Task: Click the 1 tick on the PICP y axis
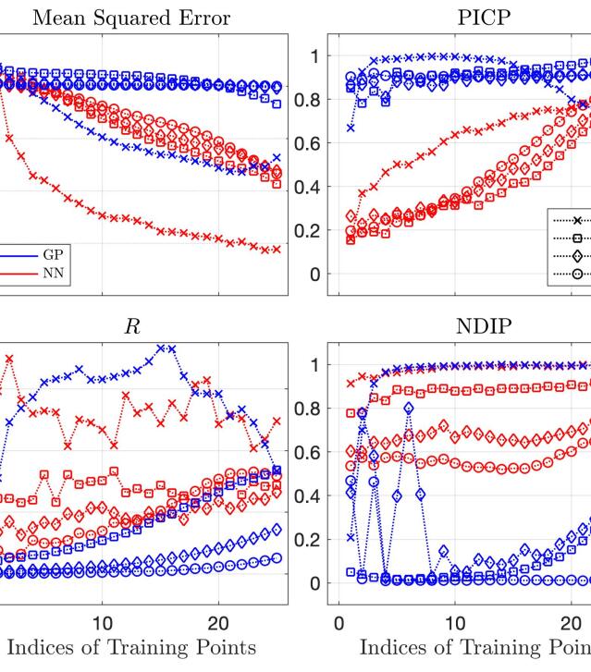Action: [x=312, y=56]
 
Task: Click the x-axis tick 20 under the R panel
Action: [x=218, y=622]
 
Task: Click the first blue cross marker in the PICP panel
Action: [x=351, y=128]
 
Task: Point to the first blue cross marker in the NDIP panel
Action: [x=351, y=537]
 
